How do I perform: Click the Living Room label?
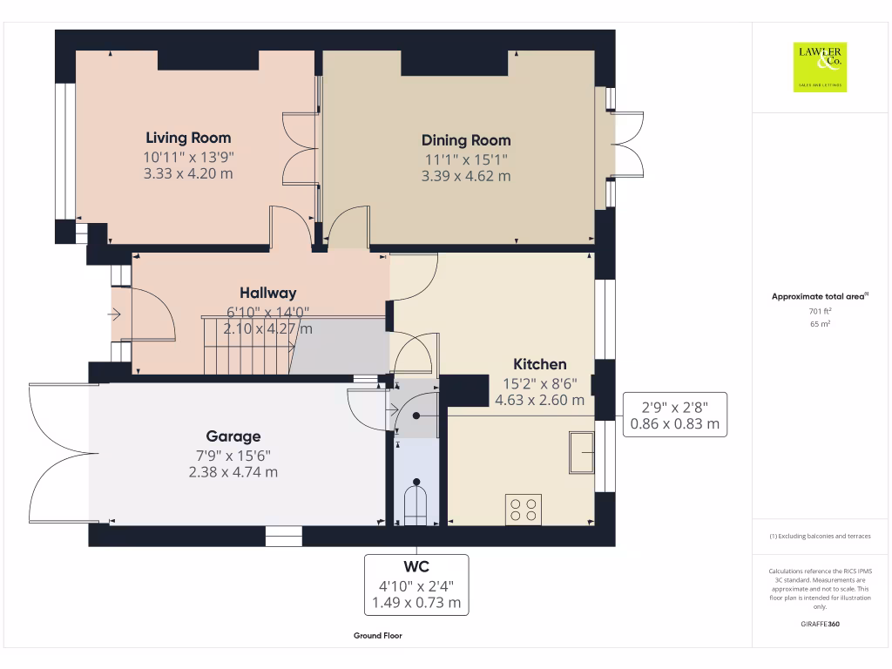pyautogui.click(x=188, y=138)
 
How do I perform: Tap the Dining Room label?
pyautogui.click(x=466, y=140)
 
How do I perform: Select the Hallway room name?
pyautogui.click(x=268, y=294)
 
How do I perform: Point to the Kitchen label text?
pyautogui.click(x=539, y=364)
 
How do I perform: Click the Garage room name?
pyautogui.click(x=233, y=436)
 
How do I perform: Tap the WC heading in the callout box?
pyautogui.click(x=416, y=567)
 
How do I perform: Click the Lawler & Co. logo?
pyautogui.click(x=820, y=67)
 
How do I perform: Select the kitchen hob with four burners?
pyautogui.click(x=523, y=510)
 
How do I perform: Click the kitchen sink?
pyautogui.click(x=581, y=452)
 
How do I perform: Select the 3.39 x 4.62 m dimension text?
pyautogui.click(x=466, y=176)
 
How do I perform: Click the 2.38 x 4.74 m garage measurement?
pyautogui.click(x=233, y=472)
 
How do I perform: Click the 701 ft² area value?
pyautogui.click(x=820, y=311)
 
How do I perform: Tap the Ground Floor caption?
pyautogui.click(x=378, y=636)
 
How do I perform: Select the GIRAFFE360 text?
pyautogui.click(x=820, y=625)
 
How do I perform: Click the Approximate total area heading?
pyautogui.click(x=820, y=297)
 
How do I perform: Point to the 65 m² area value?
pyautogui.click(x=820, y=324)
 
